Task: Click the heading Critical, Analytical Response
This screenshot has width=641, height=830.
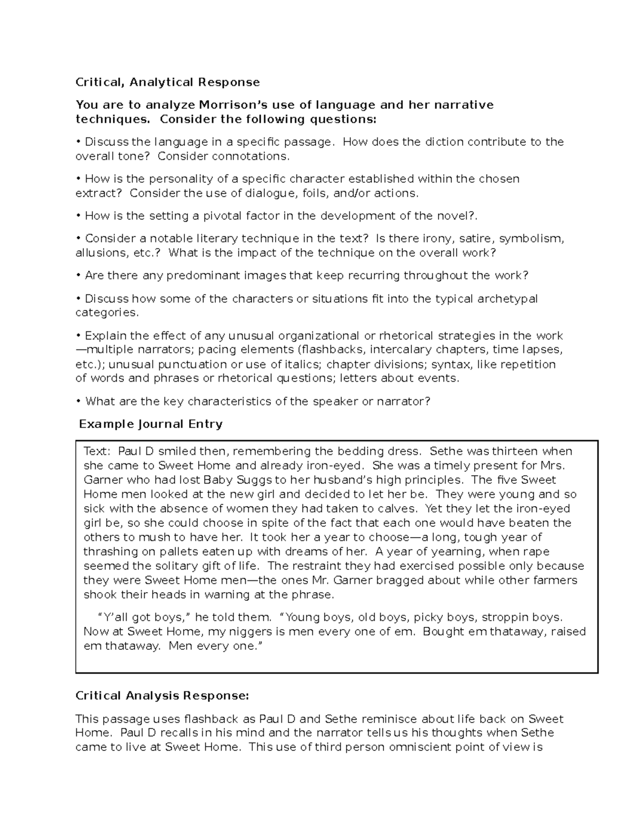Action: coord(168,82)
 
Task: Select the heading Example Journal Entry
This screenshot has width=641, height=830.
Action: coord(151,424)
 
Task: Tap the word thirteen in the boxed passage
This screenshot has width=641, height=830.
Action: coord(514,451)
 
